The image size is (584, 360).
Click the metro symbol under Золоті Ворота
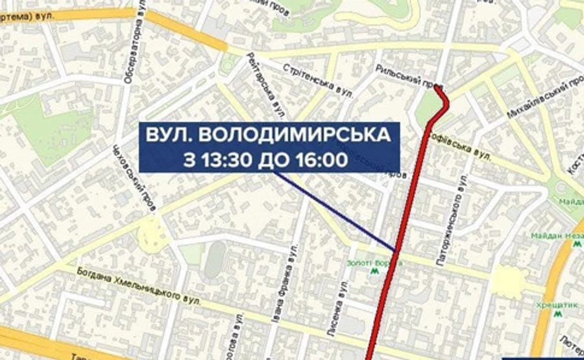pyautogui.click(x=374, y=272)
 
